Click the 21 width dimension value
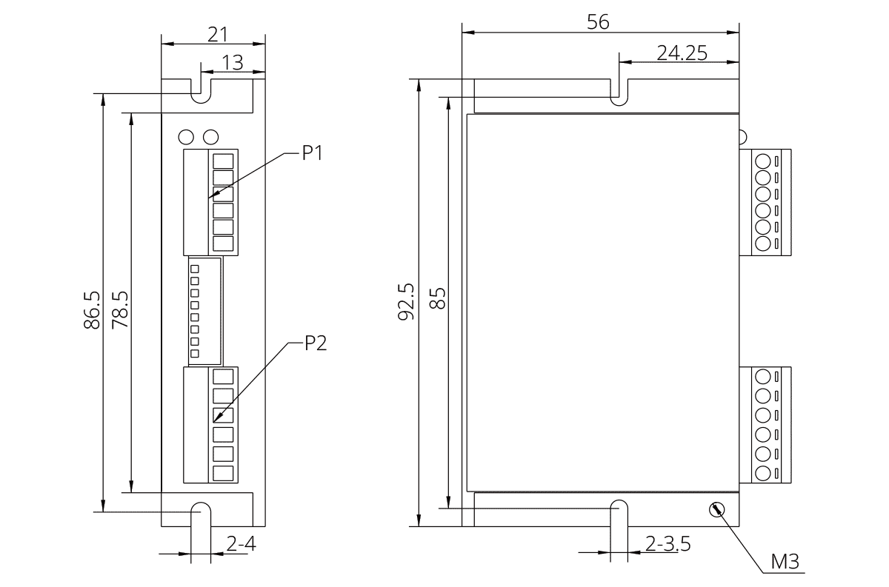pyautogui.click(x=218, y=35)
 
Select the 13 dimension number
pyautogui.click(x=232, y=63)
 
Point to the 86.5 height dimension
pyautogui.click(x=92, y=310)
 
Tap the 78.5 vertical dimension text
pyautogui.click(x=120, y=310)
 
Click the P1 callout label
pyautogui.click(x=313, y=152)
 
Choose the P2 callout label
pyautogui.click(x=316, y=343)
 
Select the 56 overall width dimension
pyautogui.click(x=598, y=22)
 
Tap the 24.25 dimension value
pyautogui.click(x=682, y=53)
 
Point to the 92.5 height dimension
pyautogui.click(x=406, y=301)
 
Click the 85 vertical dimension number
pyautogui.click(x=438, y=298)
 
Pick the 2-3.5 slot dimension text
pyautogui.click(x=668, y=544)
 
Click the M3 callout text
pyautogui.click(x=785, y=562)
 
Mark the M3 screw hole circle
pyautogui.click(x=717, y=510)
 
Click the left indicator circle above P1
pyautogui.click(x=186, y=137)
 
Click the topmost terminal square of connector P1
pyautogui.click(x=223, y=161)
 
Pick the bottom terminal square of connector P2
pyautogui.click(x=223, y=474)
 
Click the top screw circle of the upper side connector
pyautogui.click(x=763, y=161)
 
